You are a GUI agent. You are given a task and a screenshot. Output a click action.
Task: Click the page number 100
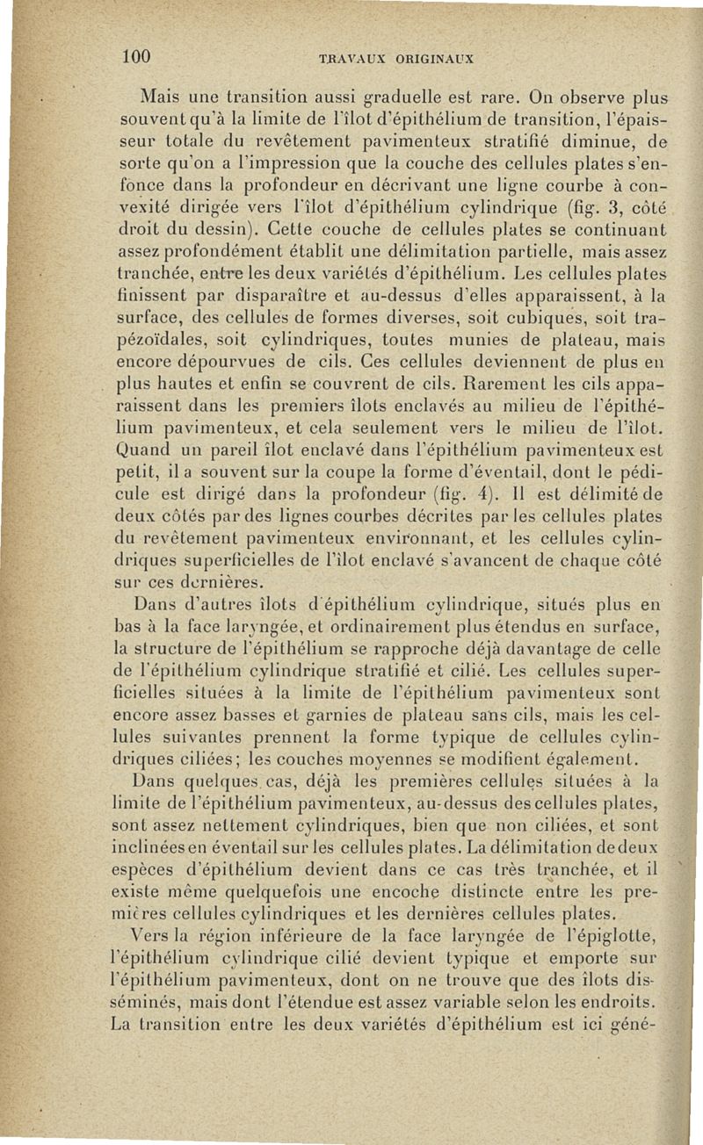[137, 57]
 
